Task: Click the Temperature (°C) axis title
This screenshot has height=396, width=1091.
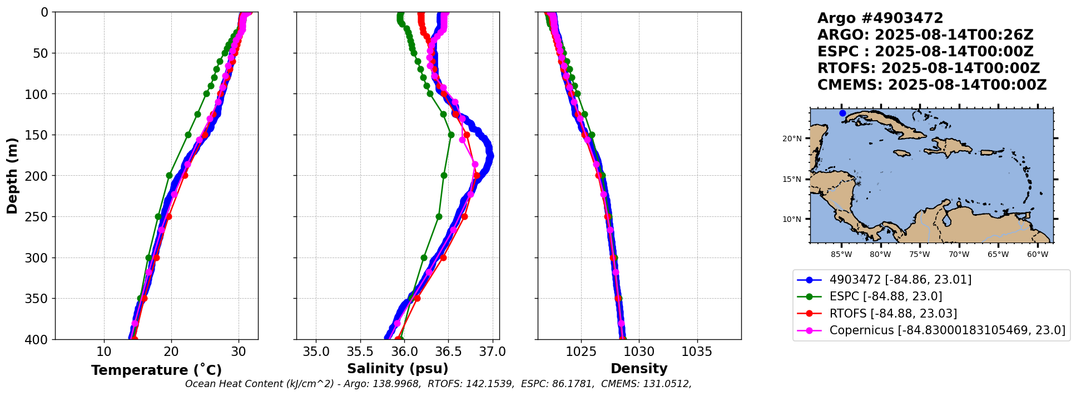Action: point(156,370)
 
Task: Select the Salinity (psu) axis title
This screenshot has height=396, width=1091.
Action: point(398,369)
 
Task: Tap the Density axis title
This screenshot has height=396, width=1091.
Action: point(639,369)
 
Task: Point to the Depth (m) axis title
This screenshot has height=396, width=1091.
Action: point(12,176)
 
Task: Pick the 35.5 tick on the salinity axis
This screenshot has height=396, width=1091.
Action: point(360,352)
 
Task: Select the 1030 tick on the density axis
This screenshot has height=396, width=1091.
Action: point(639,352)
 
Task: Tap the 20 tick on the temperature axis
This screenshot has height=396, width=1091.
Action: point(171,352)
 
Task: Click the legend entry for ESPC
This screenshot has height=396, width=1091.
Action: point(885,296)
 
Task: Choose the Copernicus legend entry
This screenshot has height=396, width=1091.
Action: point(947,330)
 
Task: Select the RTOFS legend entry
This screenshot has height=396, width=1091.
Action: point(892,314)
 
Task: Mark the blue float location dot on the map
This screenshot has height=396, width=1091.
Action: point(842,113)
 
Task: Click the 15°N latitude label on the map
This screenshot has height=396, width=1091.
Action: point(792,180)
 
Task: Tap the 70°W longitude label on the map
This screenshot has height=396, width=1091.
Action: point(959,255)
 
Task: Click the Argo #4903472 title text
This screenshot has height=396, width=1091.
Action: point(880,18)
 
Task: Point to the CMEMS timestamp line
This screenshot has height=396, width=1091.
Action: point(931,85)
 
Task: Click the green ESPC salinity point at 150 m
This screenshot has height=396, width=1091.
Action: point(451,135)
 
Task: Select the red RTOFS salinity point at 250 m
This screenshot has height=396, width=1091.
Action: point(464,216)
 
